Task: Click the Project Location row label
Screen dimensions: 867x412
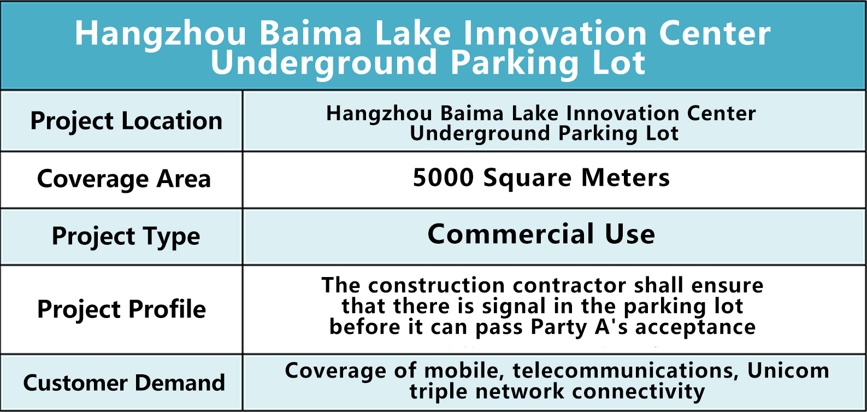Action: pos(126,121)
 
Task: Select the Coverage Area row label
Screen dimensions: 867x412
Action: pos(124,179)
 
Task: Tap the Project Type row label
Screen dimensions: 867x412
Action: pos(126,237)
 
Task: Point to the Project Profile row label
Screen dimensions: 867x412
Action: pos(121,310)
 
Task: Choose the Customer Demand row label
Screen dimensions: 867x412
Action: pos(124,383)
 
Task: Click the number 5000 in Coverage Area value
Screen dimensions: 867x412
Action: pos(443,178)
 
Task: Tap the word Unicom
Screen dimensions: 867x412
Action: pos(788,370)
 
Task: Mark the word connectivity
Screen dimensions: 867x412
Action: pos(638,392)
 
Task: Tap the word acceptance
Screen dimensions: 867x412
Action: pos(695,328)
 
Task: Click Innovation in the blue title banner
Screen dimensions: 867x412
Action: pos(555,34)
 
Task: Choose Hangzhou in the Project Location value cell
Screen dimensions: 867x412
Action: pos(379,114)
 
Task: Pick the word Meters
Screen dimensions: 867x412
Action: pos(625,178)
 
